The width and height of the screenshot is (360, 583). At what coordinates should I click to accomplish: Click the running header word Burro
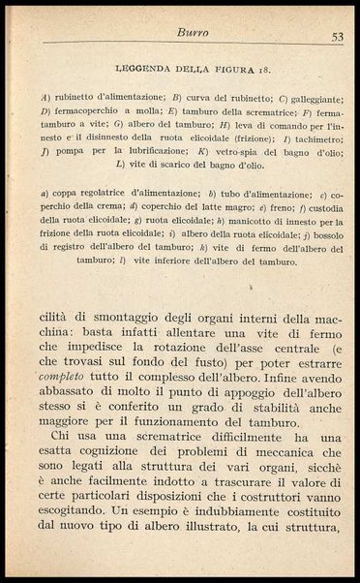192,34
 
